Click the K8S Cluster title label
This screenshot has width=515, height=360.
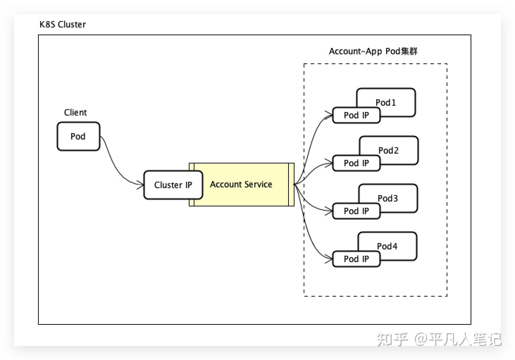(63, 24)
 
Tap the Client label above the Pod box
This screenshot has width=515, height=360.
(75, 112)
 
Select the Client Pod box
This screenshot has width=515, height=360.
(78, 136)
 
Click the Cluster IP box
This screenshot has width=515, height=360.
(173, 185)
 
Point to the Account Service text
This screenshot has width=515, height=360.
(241, 184)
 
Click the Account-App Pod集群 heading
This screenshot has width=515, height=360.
(373, 51)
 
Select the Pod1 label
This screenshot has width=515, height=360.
(386, 103)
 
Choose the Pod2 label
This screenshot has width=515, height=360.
(388, 150)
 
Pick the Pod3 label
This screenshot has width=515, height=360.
(387, 198)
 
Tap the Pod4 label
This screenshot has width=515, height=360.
(387, 246)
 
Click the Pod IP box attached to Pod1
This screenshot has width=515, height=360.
(356, 115)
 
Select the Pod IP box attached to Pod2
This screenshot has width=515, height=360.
(356, 163)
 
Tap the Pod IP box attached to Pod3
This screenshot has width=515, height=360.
(356, 211)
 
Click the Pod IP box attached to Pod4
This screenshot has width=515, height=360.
(356, 259)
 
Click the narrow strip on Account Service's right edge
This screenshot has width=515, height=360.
(291, 184)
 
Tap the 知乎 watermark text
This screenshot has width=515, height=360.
(392, 339)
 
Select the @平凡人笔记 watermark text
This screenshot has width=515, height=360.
(458, 339)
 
